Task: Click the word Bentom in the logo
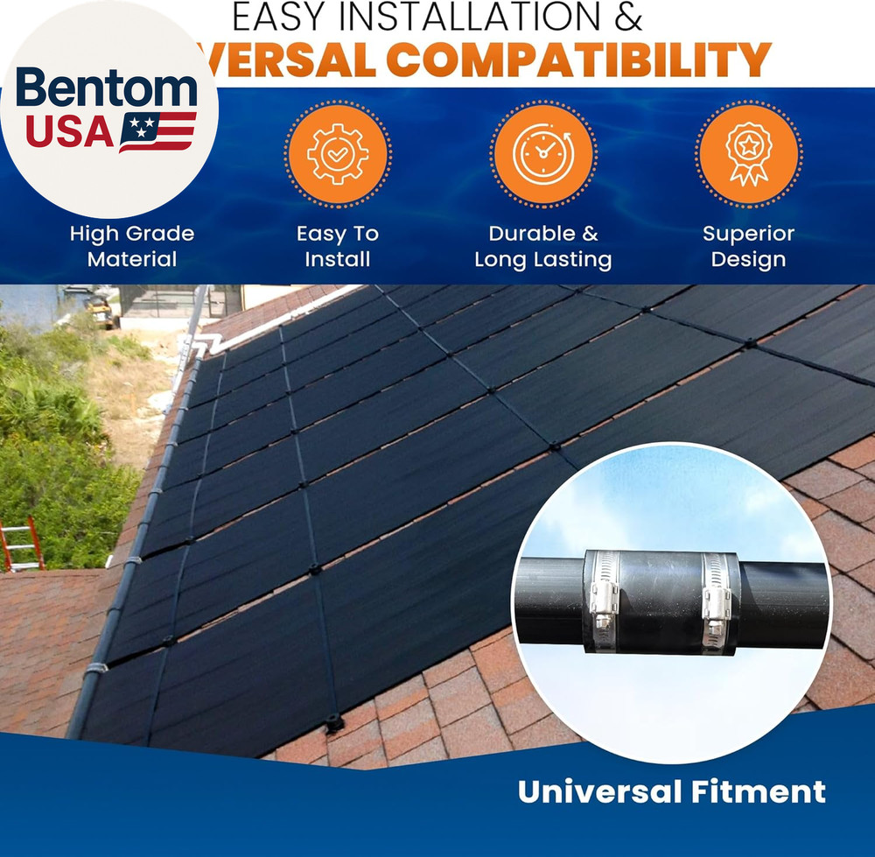pyautogui.click(x=106, y=89)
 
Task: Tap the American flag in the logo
pyautogui.click(x=157, y=130)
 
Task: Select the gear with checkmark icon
pyautogui.click(x=338, y=153)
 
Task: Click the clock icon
pyautogui.click(x=542, y=153)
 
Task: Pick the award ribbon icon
pyautogui.click(x=749, y=153)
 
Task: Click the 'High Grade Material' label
pyautogui.click(x=132, y=246)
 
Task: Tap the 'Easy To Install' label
pyautogui.click(x=338, y=246)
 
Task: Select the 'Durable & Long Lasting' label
pyautogui.click(x=542, y=246)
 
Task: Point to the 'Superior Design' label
pyautogui.click(x=749, y=246)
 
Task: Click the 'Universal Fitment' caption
pyautogui.click(x=671, y=791)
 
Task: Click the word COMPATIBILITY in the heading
pyautogui.click(x=578, y=60)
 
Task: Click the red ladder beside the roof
pyautogui.click(x=19, y=542)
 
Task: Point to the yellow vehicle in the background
pyautogui.click(x=102, y=309)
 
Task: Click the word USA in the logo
pyautogui.click(x=69, y=131)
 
